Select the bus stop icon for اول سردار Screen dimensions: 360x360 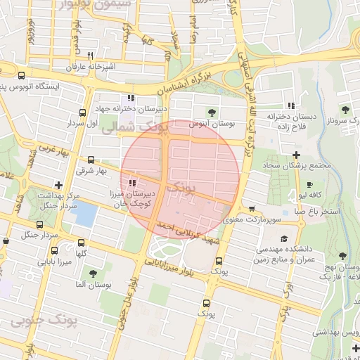pos(84,112)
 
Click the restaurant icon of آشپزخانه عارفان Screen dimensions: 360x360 pos(90,56)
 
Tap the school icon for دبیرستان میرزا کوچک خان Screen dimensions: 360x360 pos(132,183)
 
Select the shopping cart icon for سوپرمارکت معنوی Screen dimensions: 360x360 pos(252,209)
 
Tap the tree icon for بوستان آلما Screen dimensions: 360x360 pos(93,273)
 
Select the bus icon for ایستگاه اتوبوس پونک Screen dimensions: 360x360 pos(21,75)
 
